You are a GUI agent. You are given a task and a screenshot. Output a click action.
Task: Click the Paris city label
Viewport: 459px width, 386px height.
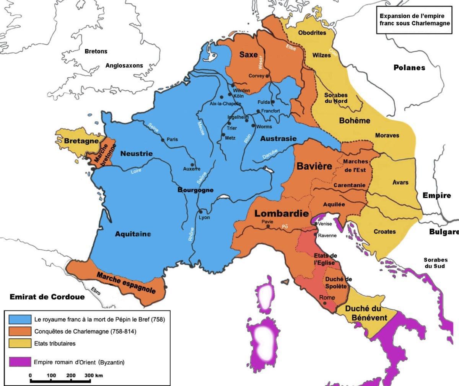point(172,139)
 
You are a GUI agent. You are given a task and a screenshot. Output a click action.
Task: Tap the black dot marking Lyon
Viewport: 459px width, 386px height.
point(200,212)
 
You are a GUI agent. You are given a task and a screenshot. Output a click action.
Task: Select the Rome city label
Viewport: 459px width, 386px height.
point(327,298)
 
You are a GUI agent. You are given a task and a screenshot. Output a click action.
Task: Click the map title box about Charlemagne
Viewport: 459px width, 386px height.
point(414,20)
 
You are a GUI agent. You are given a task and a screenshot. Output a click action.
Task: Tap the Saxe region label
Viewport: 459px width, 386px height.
point(248,55)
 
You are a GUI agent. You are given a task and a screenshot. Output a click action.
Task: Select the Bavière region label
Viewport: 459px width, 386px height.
point(314,167)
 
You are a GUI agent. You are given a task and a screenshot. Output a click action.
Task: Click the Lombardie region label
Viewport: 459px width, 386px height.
point(282,213)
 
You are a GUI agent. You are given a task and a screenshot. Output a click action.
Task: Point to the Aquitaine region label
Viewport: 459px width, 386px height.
point(133,234)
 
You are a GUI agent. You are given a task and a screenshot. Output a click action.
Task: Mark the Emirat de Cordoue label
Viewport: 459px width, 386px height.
point(47,297)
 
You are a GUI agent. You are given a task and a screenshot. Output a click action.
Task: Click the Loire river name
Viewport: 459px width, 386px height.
point(136,171)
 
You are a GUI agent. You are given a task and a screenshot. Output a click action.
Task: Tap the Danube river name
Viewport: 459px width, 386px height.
point(270,154)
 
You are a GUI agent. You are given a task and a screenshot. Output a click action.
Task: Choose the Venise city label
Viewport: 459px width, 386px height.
point(325,224)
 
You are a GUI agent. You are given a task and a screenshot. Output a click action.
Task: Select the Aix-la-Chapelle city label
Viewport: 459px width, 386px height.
point(225,104)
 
